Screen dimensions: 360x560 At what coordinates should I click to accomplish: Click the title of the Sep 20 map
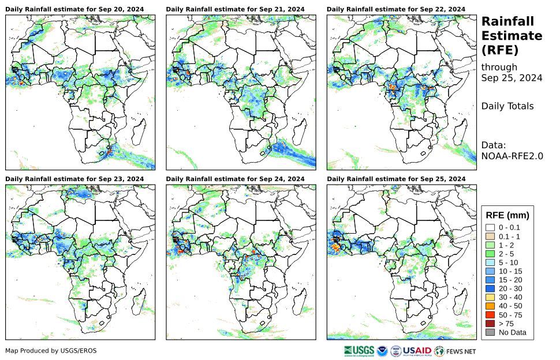pos(74,10)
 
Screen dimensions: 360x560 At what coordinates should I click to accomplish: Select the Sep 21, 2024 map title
pos(235,10)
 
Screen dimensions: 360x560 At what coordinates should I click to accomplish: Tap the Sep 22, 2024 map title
pos(395,10)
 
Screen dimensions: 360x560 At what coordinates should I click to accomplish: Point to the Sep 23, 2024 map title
pos(74,179)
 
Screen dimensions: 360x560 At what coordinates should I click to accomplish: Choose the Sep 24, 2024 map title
pos(235,179)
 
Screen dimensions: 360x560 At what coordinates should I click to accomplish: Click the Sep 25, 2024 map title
pos(395,179)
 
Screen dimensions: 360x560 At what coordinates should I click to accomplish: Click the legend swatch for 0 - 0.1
pos(491,228)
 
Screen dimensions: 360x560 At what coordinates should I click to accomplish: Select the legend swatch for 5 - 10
pos(491,262)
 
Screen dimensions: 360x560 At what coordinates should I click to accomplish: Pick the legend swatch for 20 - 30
pos(491,288)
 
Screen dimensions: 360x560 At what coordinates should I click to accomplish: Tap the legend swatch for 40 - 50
pos(491,306)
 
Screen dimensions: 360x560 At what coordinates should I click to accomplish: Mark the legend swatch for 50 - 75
pos(491,315)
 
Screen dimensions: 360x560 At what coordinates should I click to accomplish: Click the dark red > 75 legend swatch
pos(491,324)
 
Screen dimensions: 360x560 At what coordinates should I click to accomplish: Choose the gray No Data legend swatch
pos(491,332)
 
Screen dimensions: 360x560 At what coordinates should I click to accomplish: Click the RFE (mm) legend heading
pos(507,216)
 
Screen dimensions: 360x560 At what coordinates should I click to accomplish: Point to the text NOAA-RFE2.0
pos(512,156)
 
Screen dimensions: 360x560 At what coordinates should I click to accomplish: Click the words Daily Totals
pos(507,106)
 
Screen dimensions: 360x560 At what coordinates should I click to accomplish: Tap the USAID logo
pos(417,350)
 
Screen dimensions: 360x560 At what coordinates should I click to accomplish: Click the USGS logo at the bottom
pos(359,350)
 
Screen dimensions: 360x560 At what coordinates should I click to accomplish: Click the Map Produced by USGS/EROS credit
pos(51,351)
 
